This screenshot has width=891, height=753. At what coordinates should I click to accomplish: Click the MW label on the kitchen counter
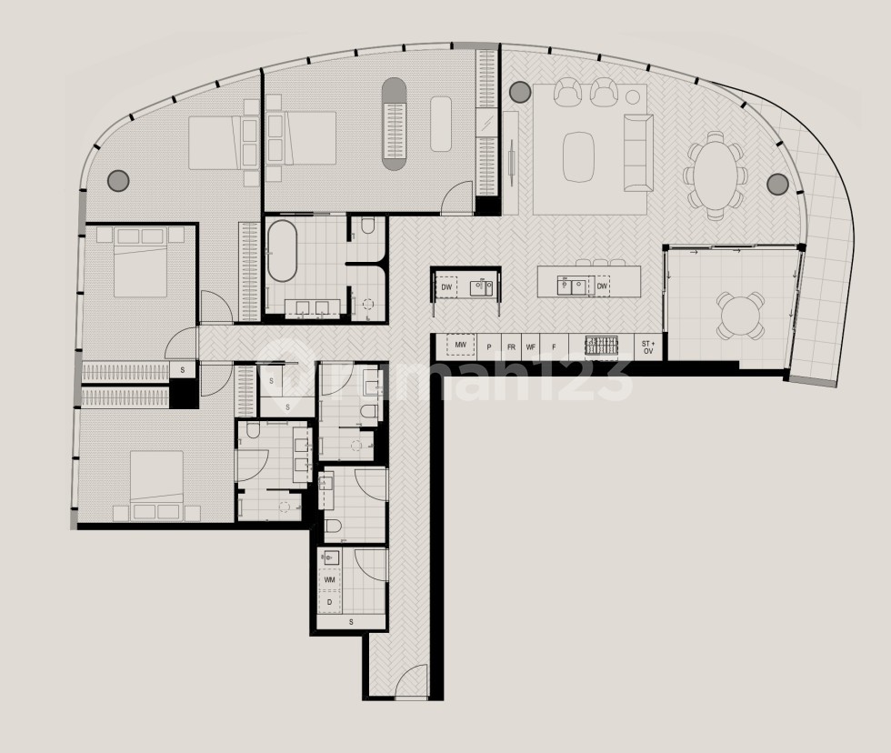(x=460, y=346)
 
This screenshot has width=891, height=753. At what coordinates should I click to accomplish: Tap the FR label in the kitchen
(x=511, y=347)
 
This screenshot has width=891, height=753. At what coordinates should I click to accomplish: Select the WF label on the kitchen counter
(x=531, y=347)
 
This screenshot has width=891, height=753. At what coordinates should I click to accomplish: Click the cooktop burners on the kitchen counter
(x=600, y=346)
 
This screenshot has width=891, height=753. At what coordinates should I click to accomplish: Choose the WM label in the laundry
(x=329, y=579)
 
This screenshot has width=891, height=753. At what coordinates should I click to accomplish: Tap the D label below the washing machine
(x=329, y=601)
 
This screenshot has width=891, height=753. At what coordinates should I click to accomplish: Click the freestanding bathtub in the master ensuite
(x=282, y=250)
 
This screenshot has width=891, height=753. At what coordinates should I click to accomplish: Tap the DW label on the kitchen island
(x=602, y=286)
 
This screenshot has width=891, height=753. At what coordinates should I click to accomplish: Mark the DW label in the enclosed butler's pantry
(x=446, y=287)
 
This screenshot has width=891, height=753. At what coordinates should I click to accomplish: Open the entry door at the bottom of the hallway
(x=411, y=681)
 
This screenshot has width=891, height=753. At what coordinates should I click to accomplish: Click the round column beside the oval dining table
(x=777, y=185)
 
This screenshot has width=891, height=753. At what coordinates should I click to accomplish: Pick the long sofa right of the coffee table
(x=636, y=153)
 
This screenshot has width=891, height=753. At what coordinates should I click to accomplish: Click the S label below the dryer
(x=351, y=622)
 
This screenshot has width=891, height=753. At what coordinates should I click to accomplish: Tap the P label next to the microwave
(x=489, y=347)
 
